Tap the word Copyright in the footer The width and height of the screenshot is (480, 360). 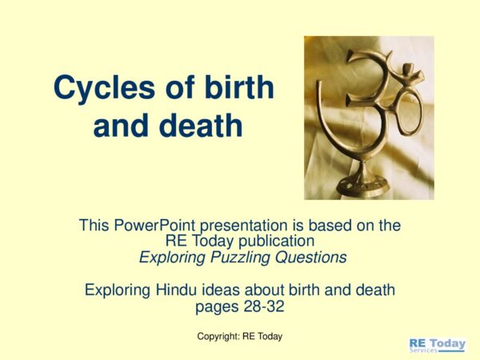tap(219, 336)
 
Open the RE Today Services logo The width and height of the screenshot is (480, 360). tap(436, 345)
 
